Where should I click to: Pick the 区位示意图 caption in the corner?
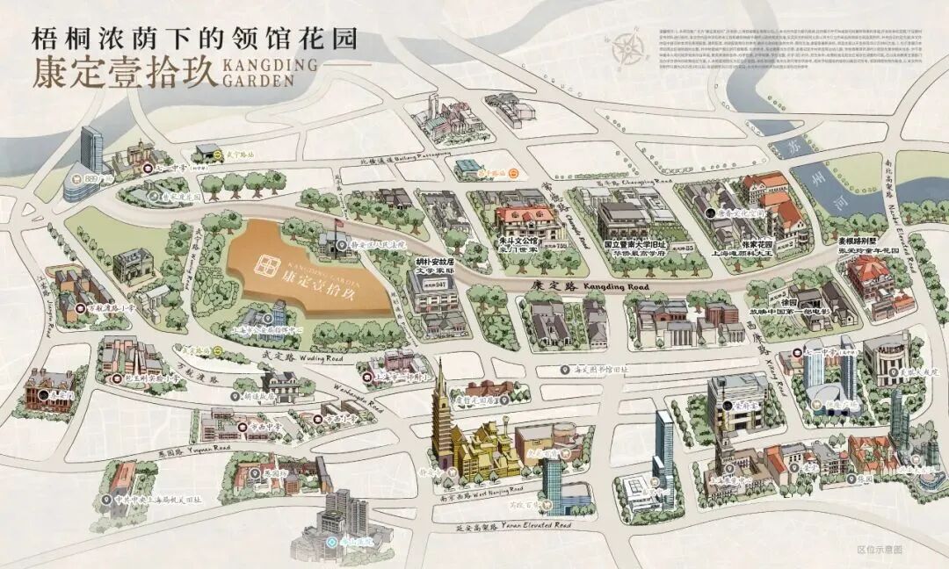point(879,549)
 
